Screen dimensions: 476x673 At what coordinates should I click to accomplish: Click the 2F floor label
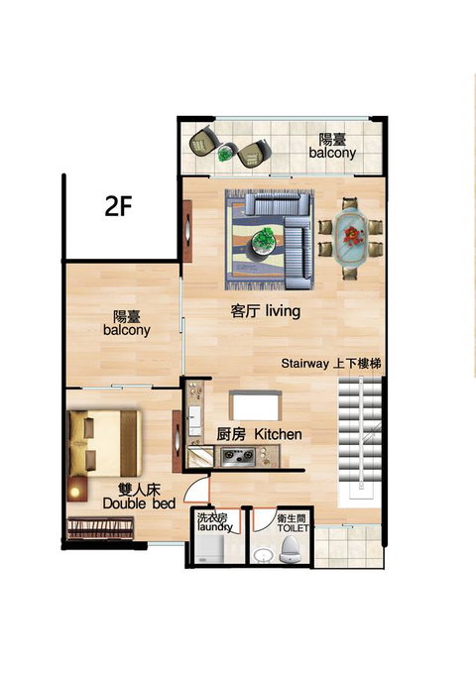[x=118, y=206]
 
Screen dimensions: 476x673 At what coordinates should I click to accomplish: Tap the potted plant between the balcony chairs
[x=225, y=153]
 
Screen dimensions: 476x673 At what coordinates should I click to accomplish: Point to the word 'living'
[x=283, y=310]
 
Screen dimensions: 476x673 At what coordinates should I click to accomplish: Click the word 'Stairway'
[x=304, y=364]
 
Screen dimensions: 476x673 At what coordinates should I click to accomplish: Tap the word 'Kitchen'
[x=278, y=434]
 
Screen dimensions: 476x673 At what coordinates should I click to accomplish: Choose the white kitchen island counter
[x=255, y=405]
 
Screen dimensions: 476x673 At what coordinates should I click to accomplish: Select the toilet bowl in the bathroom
[x=290, y=549]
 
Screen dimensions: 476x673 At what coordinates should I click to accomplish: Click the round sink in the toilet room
[x=262, y=555]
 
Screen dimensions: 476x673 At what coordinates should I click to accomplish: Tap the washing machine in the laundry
[x=209, y=549]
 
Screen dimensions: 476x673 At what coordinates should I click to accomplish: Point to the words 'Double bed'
[x=139, y=504]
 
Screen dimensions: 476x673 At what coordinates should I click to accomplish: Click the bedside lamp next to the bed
[x=75, y=492]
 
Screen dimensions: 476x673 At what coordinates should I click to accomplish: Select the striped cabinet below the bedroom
[x=100, y=527]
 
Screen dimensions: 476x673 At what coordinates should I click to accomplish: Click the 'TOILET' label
[x=293, y=527]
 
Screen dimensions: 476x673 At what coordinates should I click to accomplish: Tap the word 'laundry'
[x=215, y=527]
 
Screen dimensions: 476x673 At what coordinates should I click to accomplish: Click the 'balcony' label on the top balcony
[x=332, y=154]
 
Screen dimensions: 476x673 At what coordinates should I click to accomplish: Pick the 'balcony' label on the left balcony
[x=127, y=330]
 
